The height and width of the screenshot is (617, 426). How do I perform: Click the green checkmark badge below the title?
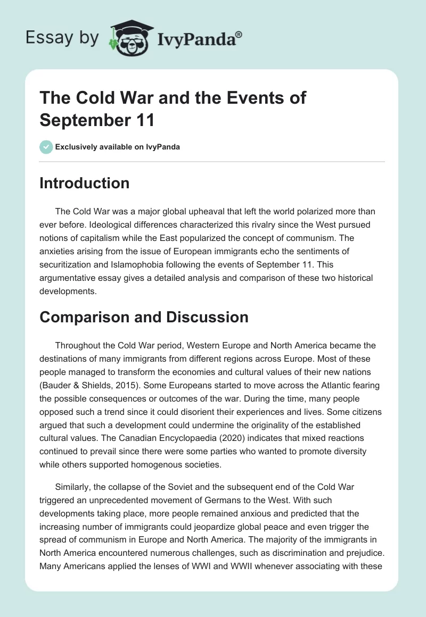coord(46,147)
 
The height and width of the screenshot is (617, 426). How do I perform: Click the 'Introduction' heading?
coord(85,183)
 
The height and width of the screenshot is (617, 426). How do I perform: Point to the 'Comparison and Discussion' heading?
coord(144,317)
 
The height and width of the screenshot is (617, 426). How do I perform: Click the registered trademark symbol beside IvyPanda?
coord(239,34)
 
